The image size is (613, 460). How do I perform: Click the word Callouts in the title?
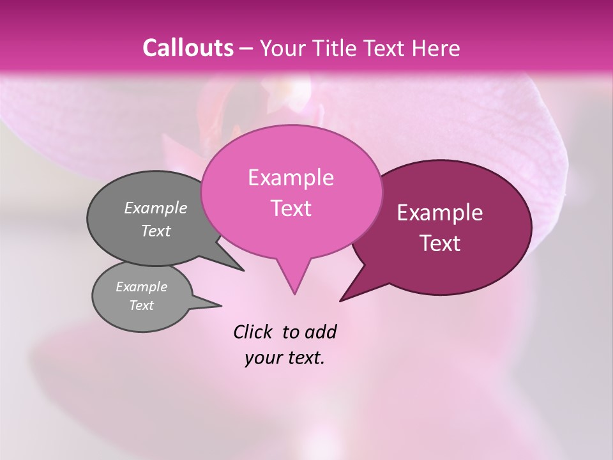point(188,48)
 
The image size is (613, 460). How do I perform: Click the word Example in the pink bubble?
point(291,178)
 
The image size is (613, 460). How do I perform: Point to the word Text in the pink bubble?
point(291,208)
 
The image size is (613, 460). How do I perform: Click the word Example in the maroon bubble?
point(440,213)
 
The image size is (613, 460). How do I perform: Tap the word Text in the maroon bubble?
point(440,243)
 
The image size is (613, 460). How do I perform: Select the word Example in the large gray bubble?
point(156,208)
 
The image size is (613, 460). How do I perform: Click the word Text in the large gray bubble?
point(156,231)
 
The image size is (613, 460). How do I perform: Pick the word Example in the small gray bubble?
point(142,287)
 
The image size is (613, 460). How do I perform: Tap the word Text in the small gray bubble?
point(142,305)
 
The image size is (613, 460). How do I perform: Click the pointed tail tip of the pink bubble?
point(294,294)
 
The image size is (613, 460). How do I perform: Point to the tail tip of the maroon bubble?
point(340,300)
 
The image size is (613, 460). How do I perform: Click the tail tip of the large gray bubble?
point(243,270)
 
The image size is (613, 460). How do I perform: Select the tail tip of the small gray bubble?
point(221,305)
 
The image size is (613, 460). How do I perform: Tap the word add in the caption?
point(321,332)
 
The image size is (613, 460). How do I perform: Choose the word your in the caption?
point(262,358)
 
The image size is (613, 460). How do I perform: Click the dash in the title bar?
point(247,48)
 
